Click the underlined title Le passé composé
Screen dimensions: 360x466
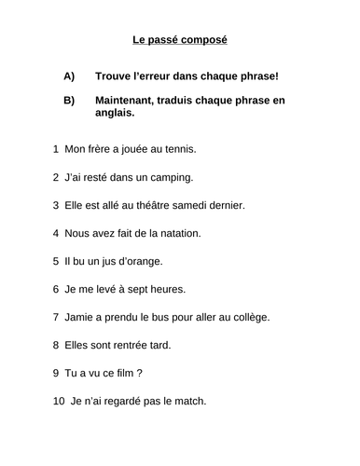click(x=180, y=40)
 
